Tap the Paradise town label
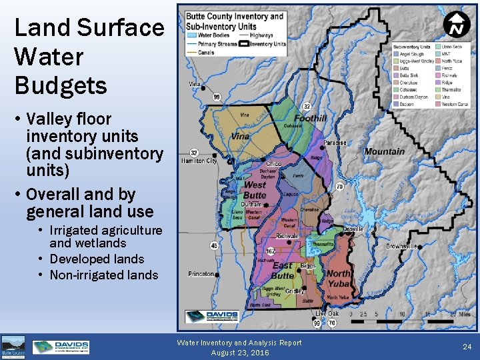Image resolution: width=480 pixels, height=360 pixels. click(335, 143)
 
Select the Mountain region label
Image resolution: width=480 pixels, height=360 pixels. click(384, 151)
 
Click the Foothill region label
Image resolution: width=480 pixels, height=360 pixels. click(310, 119)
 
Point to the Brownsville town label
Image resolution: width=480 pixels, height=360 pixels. click(401, 246)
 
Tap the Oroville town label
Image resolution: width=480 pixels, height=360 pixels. click(353, 229)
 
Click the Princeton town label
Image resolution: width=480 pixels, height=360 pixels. click(201, 274)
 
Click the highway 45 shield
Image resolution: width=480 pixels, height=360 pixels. click(214, 245)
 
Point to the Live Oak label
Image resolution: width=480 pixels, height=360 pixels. click(327, 313)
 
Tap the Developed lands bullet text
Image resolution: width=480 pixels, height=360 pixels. click(97, 259)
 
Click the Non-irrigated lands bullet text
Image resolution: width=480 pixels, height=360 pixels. click(103, 275)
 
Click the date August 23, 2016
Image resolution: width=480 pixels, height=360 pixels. click(239, 352)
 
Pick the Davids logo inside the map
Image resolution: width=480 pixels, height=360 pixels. click(212, 316)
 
